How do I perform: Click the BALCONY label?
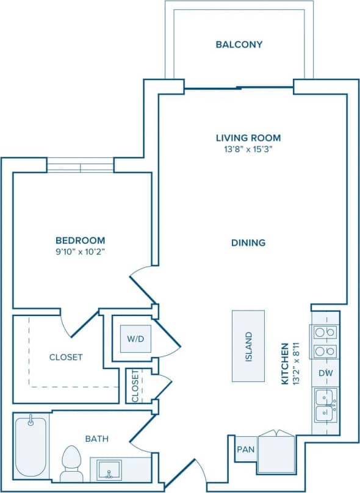point(239,45)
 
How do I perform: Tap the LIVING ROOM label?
point(248,138)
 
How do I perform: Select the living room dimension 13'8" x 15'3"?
point(248,150)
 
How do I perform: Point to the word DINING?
point(248,243)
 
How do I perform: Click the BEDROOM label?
point(80,240)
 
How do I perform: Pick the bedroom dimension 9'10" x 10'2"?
point(80,251)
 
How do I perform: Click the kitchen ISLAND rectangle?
point(248,346)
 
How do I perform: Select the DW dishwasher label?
point(325,372)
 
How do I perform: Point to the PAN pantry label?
point(245,449)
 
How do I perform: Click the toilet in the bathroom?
point(72,462)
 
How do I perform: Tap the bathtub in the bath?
point(31,445)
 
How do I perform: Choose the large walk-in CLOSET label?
point(66,357)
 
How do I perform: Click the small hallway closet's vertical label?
point(135,386)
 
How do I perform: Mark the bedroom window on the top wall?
point(80,165)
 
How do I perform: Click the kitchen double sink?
point(325,405)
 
